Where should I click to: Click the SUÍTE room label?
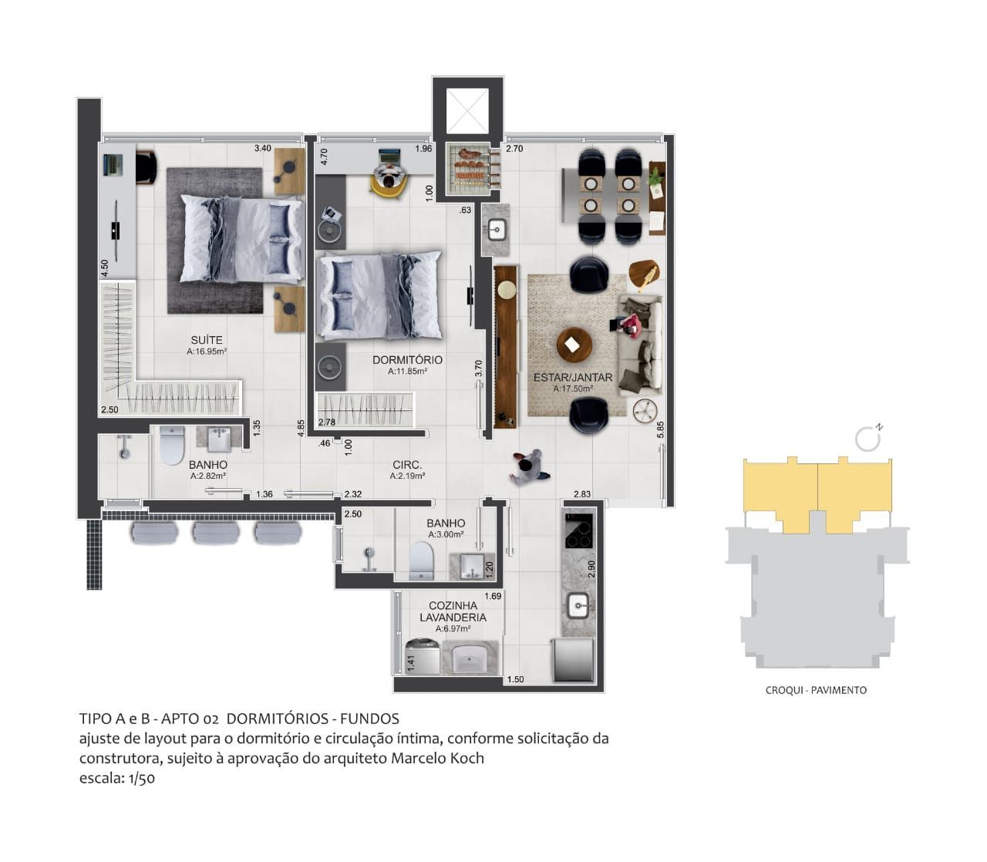pyautogui.click(x=207, y=340)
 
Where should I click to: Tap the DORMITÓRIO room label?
pyautogui.click(x=407, y=360)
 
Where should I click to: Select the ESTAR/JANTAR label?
pyautogui.click(x=573, y=378)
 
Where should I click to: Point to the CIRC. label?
pyautogui.click(x=407, y=465)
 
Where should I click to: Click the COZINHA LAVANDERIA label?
pyautogui.click(x=453, y=611)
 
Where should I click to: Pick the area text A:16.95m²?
pyautogui.click(x=207, y=352)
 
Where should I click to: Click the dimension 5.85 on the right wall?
pyautogui.click(x=660, y=430)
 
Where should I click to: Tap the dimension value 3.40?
pyautogui.click(x=263, y=148)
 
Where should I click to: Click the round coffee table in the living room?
pyautogui.click(x=573, y=345)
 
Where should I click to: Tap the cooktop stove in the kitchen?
pyautogui.click(x=578, y=530)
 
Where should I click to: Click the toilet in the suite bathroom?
pyautogui.click(x=171, y=446)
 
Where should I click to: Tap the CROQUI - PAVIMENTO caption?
pyautogui.click(x=816, y=690)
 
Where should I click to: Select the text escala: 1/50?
pyautogui.click(x=117, y=778)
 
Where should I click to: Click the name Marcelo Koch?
pyautogui.click(x=437, y=758)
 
